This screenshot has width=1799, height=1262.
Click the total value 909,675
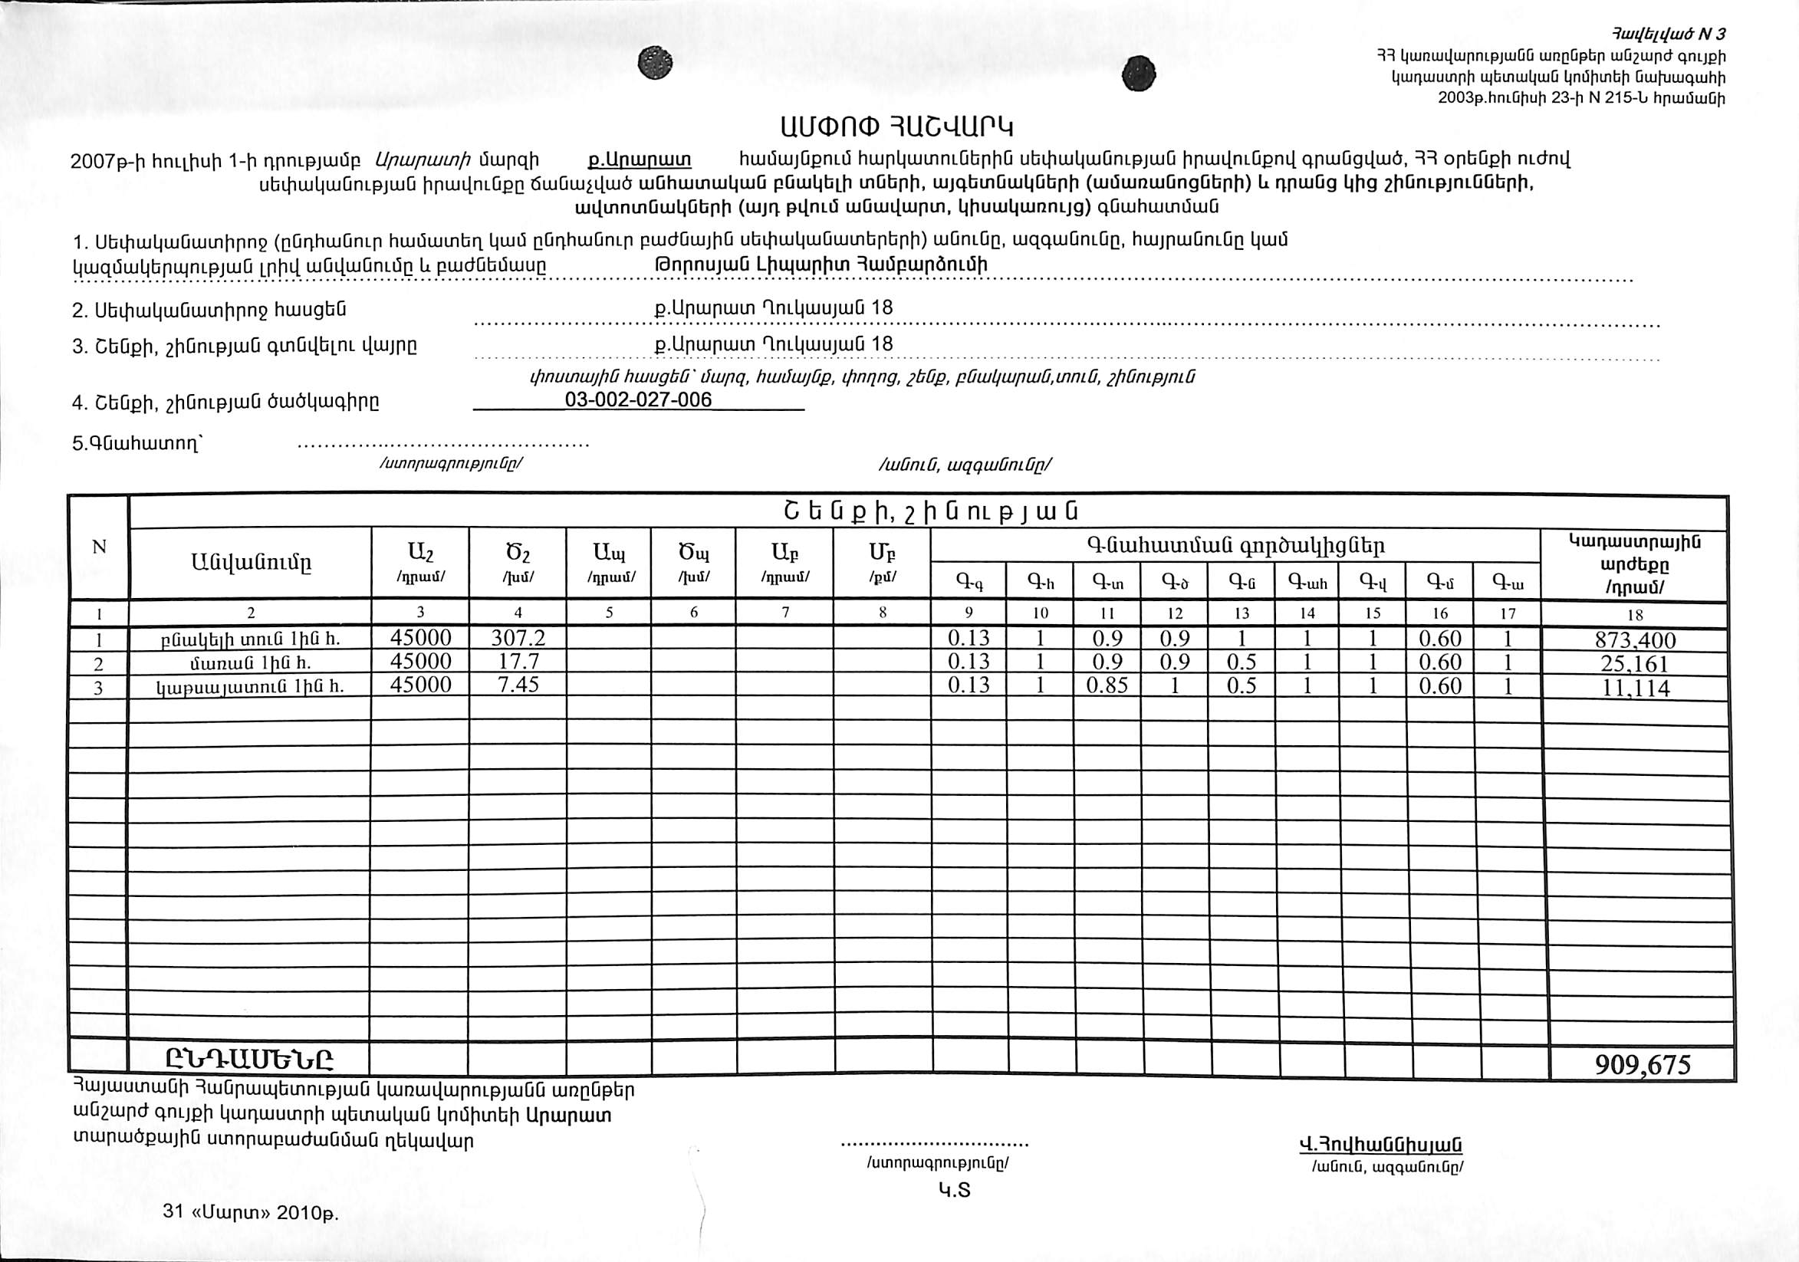[1643, 1064]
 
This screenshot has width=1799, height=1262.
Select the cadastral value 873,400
[1634, 640]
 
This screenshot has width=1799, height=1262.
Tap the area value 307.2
[518, 638]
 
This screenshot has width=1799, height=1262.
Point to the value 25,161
[1633, 663]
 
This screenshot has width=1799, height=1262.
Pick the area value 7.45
[518, 685]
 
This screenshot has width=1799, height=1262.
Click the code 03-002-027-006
[638, 400]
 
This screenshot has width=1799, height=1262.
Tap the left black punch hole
[655, 63]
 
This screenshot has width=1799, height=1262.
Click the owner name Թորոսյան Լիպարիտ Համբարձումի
[820, 265]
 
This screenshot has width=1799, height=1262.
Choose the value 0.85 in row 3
[1107, 685]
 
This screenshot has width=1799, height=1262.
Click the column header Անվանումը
[250, 562]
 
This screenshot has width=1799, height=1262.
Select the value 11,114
[1633, 688]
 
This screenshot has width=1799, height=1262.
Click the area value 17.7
[518, 661]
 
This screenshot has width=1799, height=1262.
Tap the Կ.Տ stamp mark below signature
[955, 1191]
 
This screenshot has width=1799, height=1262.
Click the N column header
[99, 547]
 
